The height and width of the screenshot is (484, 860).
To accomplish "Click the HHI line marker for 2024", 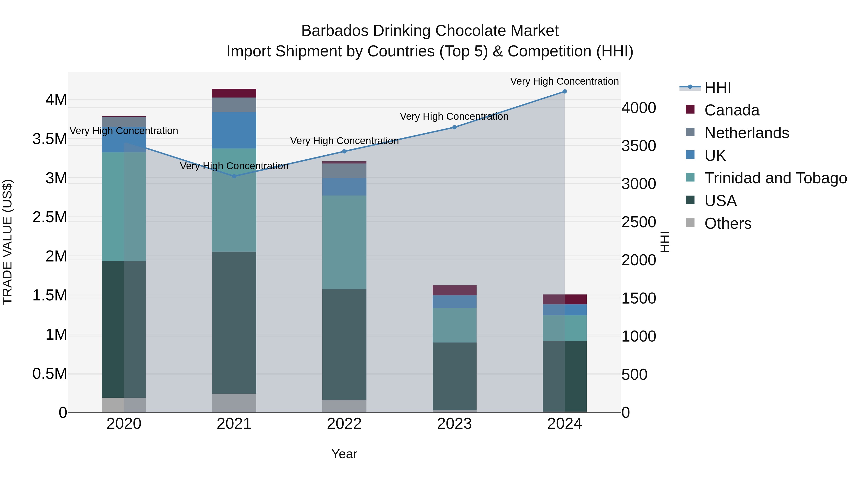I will pos(564,92).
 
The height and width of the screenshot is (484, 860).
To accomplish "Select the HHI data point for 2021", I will pos(234,176).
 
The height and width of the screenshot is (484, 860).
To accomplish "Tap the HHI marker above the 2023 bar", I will pos(454,127).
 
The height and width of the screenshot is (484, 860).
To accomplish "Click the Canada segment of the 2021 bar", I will pos(234,93).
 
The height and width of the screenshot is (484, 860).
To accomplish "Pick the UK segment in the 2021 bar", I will pos(234,130).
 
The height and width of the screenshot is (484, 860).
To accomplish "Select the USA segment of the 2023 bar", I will pos(454,376).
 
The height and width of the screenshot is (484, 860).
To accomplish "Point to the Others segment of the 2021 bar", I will pos(234,403).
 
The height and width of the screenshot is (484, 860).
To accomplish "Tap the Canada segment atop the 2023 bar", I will pos(454,290).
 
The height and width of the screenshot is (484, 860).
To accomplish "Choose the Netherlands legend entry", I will pos(747,133).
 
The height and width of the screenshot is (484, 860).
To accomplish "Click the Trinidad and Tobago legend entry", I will pos(775,178).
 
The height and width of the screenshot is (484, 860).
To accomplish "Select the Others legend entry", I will pos(728,223).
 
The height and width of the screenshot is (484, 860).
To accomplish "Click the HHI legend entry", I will pos(717,87).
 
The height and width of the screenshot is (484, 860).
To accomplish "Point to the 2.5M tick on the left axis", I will pos(50,218).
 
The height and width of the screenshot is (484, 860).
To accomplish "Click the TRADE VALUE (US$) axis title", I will pos(8,242).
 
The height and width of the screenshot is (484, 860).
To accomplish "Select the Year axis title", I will pos(344,454).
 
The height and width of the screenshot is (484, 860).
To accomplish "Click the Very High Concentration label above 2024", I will pos(564,82).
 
